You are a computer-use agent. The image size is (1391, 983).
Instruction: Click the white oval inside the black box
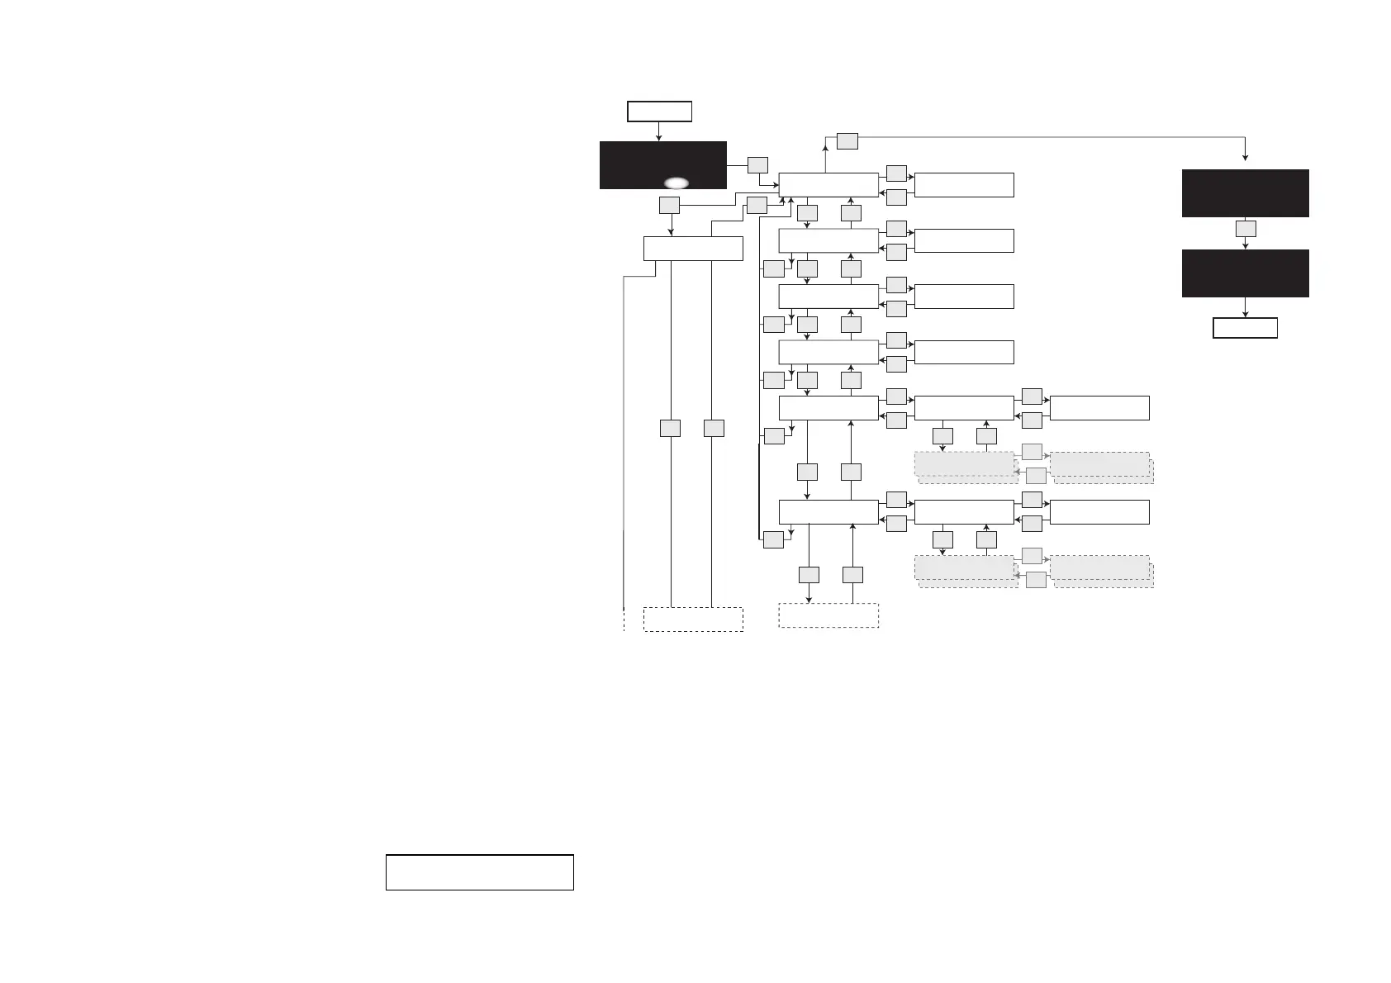(x=676, y=183)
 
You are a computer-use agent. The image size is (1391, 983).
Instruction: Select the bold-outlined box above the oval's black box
(x=659, y=112)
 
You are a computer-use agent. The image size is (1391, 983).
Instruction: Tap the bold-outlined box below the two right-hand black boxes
(x=1245, y=328)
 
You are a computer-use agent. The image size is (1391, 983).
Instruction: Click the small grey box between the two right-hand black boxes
(x=1246, y=229)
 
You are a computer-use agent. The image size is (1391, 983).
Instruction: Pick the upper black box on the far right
(x=1245, y=193)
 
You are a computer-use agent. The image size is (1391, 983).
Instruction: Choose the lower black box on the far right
(x=1245, y=273)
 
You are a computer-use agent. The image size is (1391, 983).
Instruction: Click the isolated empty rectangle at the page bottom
(x=479, y=872)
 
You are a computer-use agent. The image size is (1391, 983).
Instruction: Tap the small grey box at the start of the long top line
(x=847, y=141)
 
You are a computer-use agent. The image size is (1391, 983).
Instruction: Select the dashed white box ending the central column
(x=828, y=615)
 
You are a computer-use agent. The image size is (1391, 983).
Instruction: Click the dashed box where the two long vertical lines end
(x=693, y=620)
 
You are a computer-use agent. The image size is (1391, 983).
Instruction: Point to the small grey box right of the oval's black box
(x=757, y=165)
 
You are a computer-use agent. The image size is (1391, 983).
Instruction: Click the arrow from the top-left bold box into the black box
(x=659, y=132)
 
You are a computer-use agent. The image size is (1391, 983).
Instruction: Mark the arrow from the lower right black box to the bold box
(x=1245, y=307)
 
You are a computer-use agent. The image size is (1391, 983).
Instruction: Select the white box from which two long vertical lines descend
(x=693, y=249)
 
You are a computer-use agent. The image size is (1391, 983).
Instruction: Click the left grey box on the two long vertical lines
(x=670, y=428)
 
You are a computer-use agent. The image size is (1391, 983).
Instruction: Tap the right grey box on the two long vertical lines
(x=714, y=428)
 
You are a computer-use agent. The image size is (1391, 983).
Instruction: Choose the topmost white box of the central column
(x=828, y=185)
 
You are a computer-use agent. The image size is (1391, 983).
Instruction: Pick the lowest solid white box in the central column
(x=828, y=512)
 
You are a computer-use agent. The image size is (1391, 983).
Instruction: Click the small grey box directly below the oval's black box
(x=670, y=204)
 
